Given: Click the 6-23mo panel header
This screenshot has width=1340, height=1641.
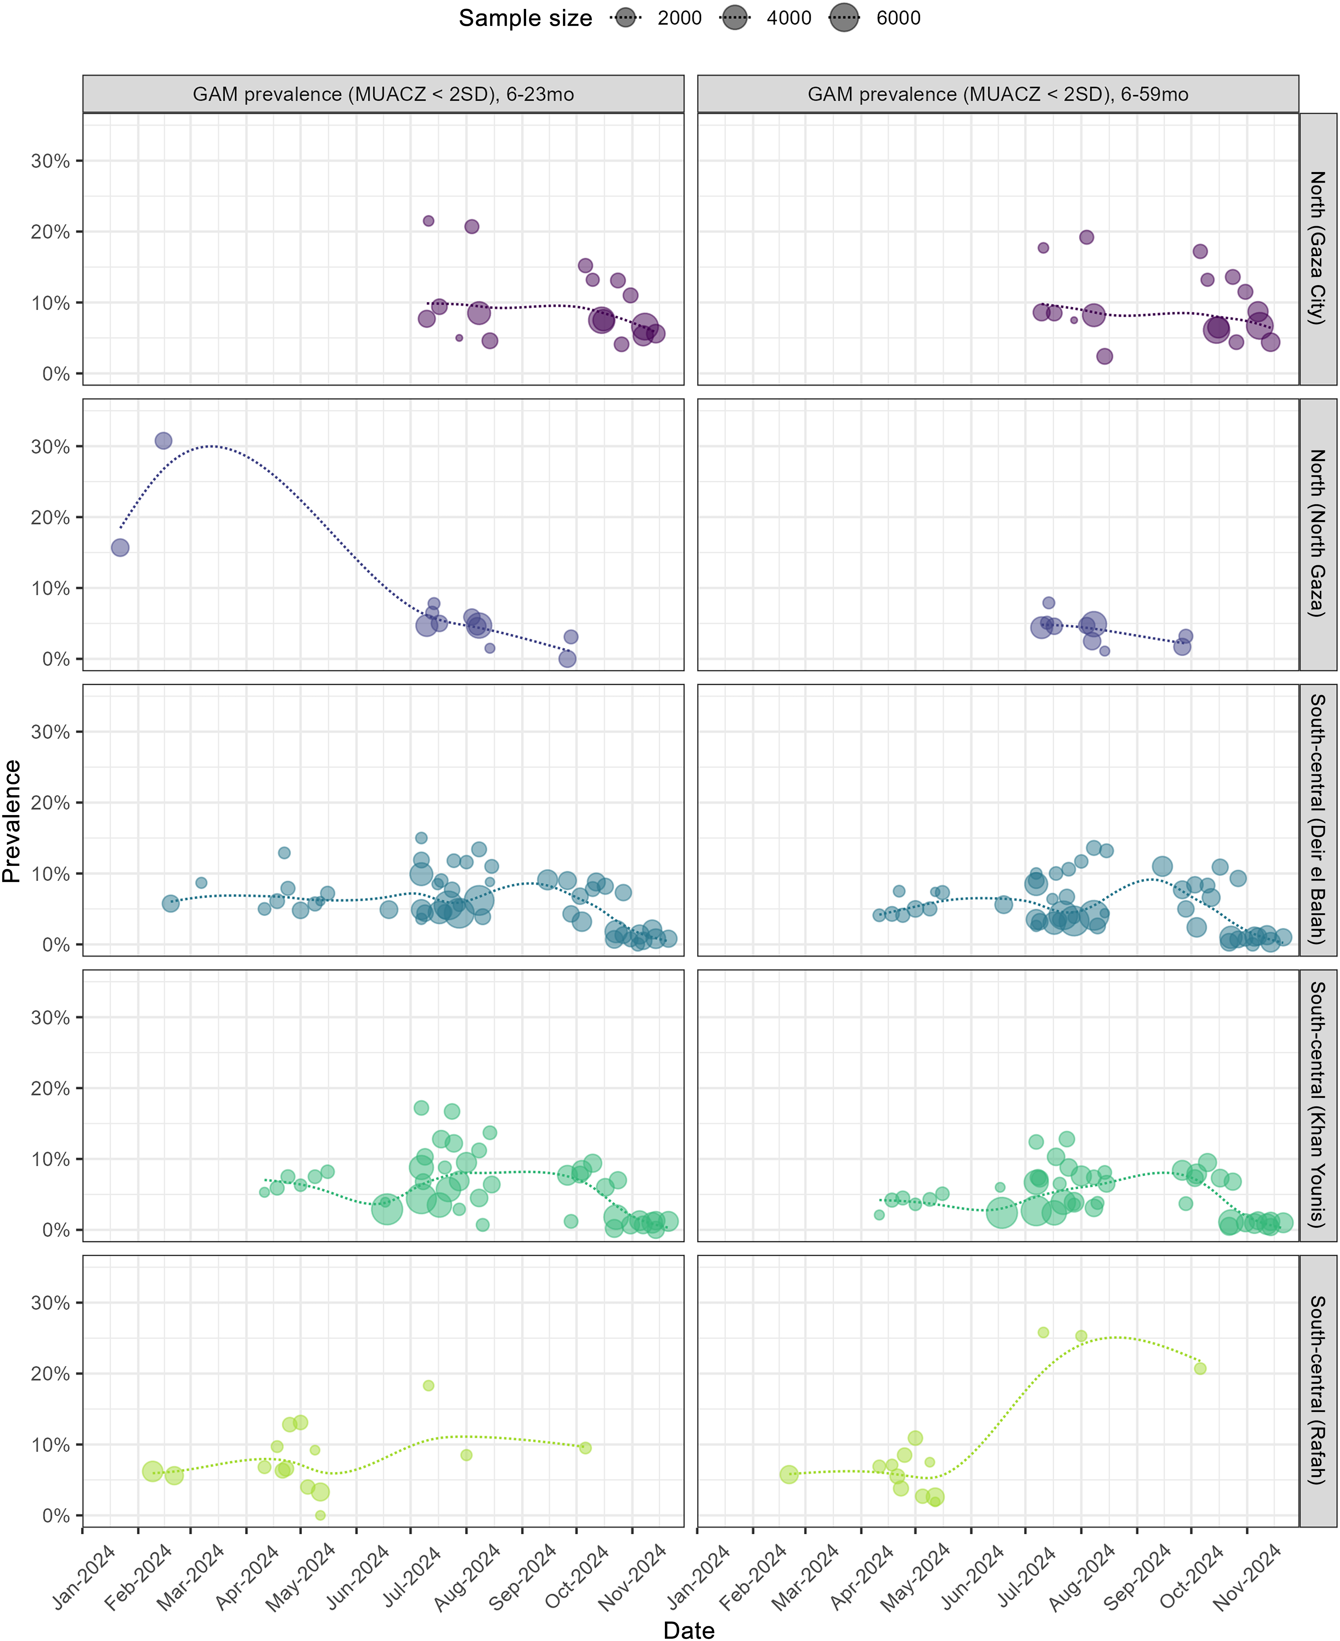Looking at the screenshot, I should point(383,94).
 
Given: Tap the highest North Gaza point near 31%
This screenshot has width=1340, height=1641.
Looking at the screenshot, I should point(163,441).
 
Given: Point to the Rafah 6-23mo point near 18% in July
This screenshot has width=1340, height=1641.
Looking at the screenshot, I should point(429,1386).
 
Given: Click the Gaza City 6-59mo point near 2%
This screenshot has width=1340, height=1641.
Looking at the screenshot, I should point(1105,356).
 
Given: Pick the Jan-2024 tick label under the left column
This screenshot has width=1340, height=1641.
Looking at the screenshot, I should point(85,1567).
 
